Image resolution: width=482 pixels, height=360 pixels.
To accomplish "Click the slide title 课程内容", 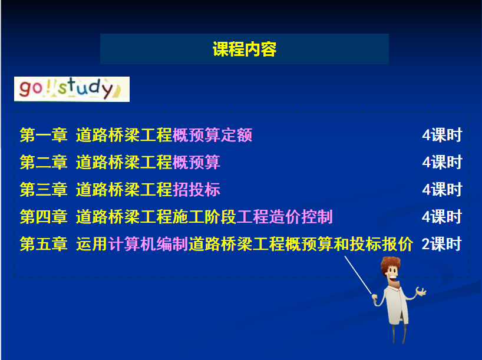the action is (x=245, y=49).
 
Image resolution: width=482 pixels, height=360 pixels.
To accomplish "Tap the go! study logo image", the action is (x=72, y=89).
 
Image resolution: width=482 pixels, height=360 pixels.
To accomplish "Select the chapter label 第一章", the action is (x=44, y=135).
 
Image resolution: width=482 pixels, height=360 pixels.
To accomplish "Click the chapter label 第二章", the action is (x=44, y=162).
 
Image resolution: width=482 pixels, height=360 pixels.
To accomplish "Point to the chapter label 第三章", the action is (x=44, y=189).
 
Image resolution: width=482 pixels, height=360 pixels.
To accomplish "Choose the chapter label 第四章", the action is (x=44, y=217).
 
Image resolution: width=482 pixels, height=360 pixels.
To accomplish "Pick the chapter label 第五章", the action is (x=44, y=244).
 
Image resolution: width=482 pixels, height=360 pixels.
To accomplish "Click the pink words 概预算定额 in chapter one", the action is (x=212, y=135).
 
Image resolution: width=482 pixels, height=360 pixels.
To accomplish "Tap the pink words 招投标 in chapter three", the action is (x=196, y=189).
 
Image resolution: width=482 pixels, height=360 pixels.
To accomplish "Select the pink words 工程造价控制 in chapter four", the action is (x=285, y=217).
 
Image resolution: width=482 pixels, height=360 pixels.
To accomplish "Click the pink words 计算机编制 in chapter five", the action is (x=148, y=244).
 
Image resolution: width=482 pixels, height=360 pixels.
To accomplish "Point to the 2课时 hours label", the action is (x=441, y=244).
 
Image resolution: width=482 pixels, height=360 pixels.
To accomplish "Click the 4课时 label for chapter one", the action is (x=442, y=135).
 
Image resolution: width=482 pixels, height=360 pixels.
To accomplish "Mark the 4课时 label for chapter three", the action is (x=442, y=189).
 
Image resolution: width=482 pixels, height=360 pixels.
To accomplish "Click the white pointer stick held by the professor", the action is (x=358, y=275).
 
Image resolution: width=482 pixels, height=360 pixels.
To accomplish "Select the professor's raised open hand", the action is (x=421, y=291).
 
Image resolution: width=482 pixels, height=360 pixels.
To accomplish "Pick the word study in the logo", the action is (x=85, y=88).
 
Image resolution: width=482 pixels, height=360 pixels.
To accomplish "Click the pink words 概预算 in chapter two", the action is (x=196, y=162).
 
